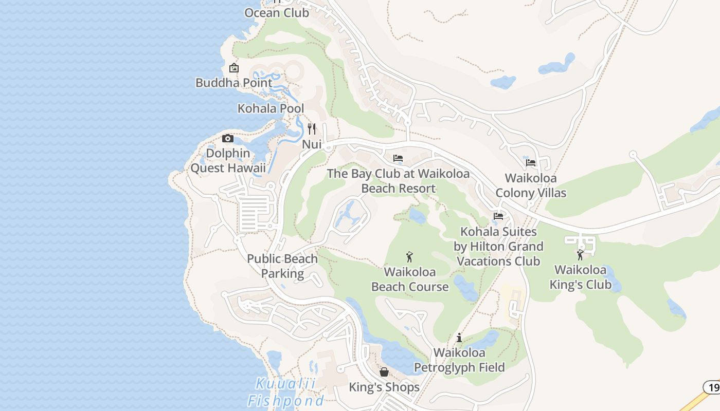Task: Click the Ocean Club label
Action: point(277,12)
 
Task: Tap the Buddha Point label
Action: point(234,82)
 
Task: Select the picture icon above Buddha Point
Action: point(234,68)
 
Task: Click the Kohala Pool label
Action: point(271,108)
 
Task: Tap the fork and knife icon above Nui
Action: point(312,128)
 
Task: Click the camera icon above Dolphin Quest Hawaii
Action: point(227,138)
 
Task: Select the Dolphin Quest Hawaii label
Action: point(228,160)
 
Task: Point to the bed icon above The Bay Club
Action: point(398,158)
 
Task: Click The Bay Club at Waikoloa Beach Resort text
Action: point(398,181)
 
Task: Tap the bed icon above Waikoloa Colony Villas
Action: point(531,163)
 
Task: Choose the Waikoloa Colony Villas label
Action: point(531,185)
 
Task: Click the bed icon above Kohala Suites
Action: point(498,216)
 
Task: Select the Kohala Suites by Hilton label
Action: point(498,247)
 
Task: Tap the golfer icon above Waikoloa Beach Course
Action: point(409,257)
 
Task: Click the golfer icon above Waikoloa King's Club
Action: point(581,255)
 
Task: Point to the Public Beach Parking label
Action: point(282,266)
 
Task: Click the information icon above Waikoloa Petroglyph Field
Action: point(459,338)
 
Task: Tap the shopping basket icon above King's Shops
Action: point(384,372)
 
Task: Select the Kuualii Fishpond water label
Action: point(285,392)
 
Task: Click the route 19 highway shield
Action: point(712,387)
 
